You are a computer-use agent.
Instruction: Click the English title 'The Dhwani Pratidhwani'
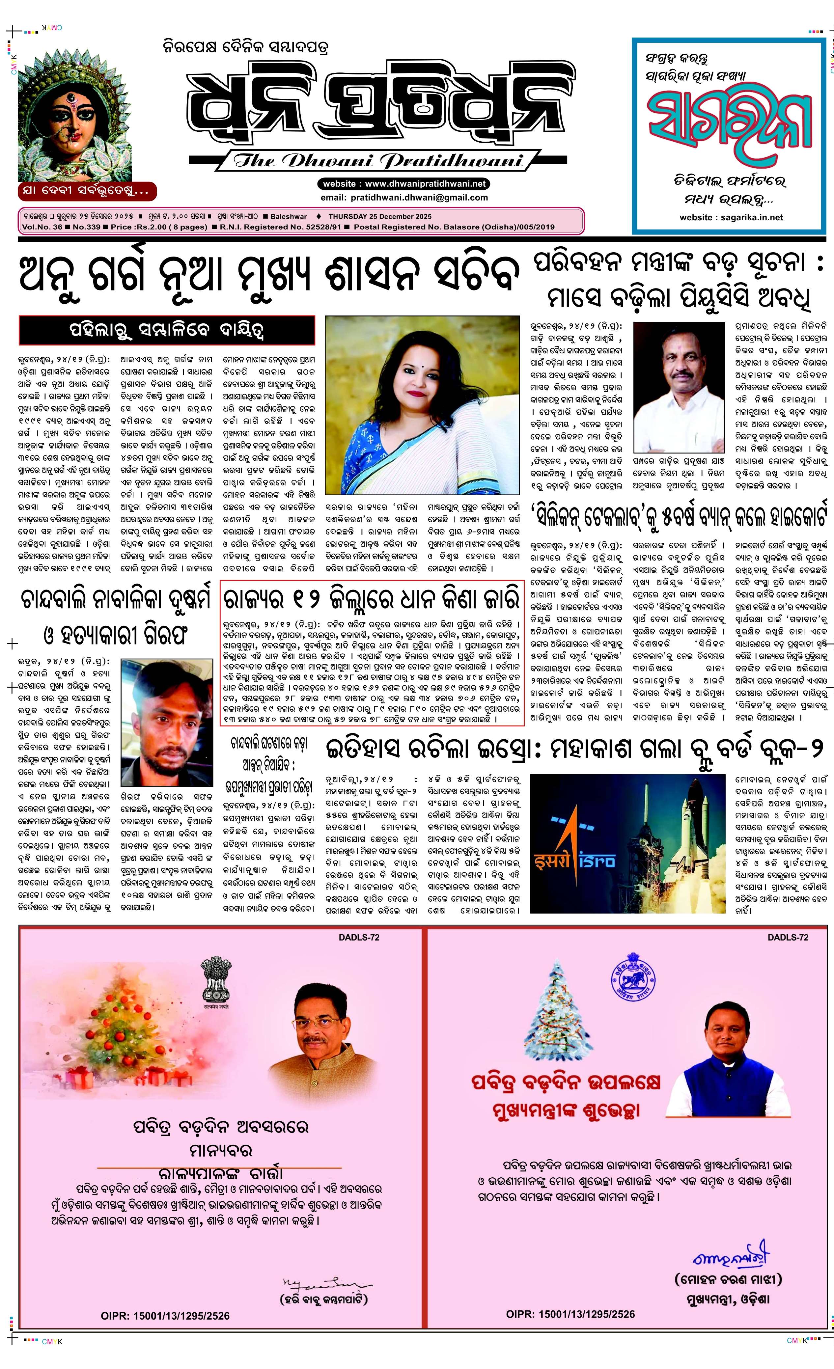[379, 161]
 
